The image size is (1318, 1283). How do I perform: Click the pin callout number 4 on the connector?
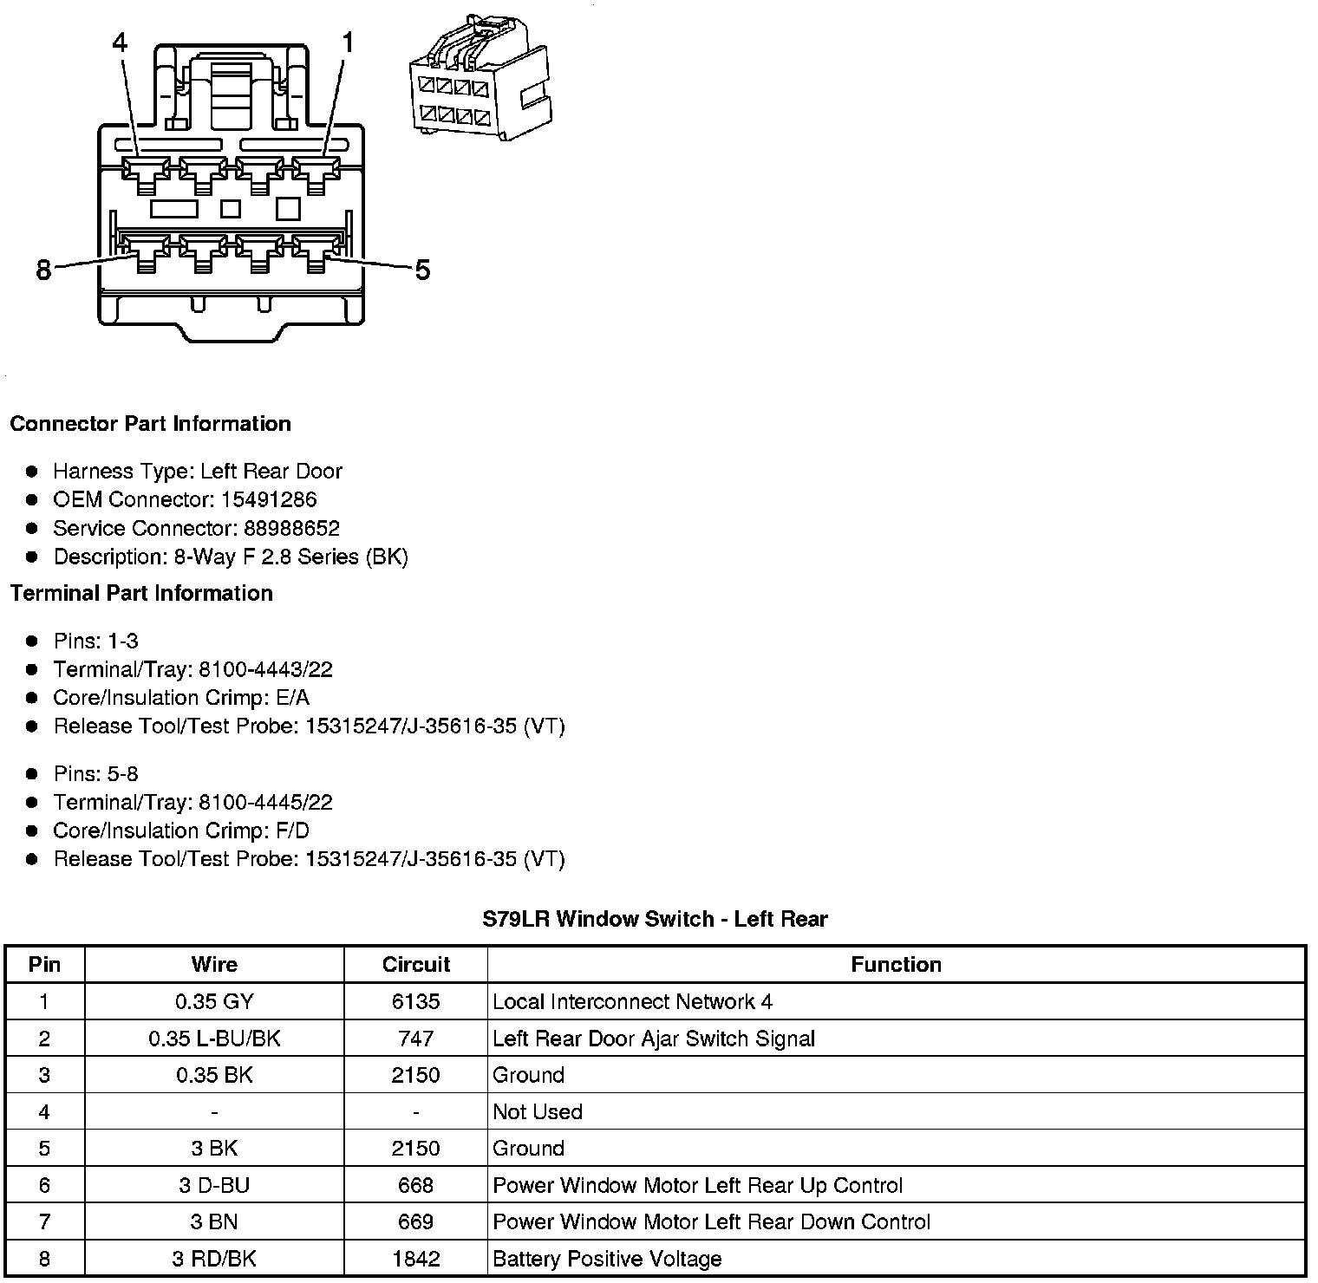pyautogui.click(x=120, y=42)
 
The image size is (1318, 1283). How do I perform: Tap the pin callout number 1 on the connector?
pyautogui.click(x=347, y=42)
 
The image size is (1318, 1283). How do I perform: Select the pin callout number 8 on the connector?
pyautogui.click(x=43, y=270)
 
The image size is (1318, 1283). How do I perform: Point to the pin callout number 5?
pyautogui.click(x=422, y=270)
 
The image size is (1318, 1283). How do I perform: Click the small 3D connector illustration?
pyautogui.click(x=478, y=78)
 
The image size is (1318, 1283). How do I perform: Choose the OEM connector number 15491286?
pyautogui.click(x=268, y=499)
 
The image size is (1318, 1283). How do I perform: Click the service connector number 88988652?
pyautogui.click(x=291, y=528)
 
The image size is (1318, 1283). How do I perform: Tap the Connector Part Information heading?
pyautogui.click(x=150, y=424)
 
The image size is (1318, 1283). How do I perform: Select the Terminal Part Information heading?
pyautogui.click(x=141, y=593)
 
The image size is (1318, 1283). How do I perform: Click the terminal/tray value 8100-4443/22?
pyautogui.click(x=265, y=669)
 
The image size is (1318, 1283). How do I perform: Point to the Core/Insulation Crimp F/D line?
pyautogui.click(x=180, y=830)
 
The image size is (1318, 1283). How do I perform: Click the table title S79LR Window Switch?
pyautogui.click(x=655, y=919)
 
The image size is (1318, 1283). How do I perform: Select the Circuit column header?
pyautogui.click(x=416, y=965)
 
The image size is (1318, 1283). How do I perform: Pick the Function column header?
pyautogui.click(x=896, y=965)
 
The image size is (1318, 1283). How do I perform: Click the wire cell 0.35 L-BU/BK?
pyautogui.click(x=214, y=1039)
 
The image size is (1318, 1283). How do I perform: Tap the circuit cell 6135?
pyautogui.click(x=416, y=1002)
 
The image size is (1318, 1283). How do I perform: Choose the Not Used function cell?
pyautogui.click(x=538, y=1112)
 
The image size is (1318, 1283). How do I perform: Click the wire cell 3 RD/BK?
pyautogui.click(x=214, y=1259)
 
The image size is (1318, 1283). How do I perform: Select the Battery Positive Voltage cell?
pyautogui.click(x=607, y=1259)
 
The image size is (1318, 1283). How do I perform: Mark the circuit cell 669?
pyautogui.click(x=416, y=1222)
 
